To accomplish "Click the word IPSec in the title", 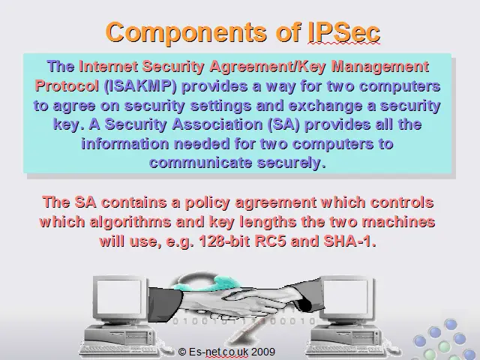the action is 343,32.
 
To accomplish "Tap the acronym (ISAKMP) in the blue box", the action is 140,86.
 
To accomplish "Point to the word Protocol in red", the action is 67,85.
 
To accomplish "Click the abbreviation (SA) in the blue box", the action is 283,124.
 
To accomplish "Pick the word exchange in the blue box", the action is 325,105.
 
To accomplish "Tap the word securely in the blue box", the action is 291,163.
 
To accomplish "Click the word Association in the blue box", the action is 217,124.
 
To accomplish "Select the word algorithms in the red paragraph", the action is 130,222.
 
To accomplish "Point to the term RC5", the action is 270,241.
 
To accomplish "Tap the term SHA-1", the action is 349,241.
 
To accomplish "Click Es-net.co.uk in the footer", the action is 218,352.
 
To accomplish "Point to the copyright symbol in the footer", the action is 182,352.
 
